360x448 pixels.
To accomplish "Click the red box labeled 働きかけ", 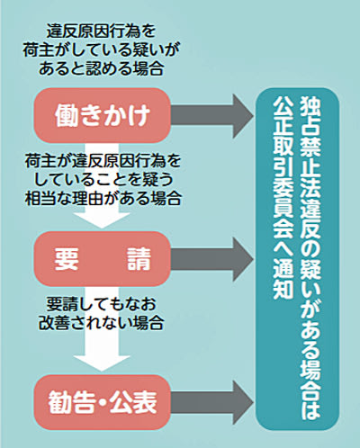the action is click(102, 115).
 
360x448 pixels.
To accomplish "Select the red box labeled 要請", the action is click(102, 259).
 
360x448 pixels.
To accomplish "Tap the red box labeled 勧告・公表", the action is click(102, 402).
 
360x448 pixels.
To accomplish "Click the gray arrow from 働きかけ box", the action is click(211, 115).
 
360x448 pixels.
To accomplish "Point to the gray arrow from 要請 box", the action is click(211, 259).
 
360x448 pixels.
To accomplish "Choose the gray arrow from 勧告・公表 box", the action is click(211, 402).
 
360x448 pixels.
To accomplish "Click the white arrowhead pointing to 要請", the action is click(102, 220).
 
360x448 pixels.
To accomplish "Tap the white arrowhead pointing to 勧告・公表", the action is click(102, 363).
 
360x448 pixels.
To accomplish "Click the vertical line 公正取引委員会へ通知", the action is click(283, 198).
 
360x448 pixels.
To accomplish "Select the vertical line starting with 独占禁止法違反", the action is click(310, 258).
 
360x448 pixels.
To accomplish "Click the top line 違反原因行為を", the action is click(101, 31).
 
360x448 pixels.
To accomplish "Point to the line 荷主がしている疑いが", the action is click(101, 50).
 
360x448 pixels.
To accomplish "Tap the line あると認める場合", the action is click(101, 68).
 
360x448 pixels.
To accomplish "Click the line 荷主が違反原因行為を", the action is click(103, 161).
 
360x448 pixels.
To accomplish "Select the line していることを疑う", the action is click(103, 179).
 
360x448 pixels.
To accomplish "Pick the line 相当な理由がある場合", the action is click(103, 198).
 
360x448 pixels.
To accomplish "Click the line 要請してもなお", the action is click(101, 304).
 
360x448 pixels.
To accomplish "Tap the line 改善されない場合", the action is click(101, 323).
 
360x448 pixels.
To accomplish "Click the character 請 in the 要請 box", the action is click(139, 259).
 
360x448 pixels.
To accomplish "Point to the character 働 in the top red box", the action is click(67, 116).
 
